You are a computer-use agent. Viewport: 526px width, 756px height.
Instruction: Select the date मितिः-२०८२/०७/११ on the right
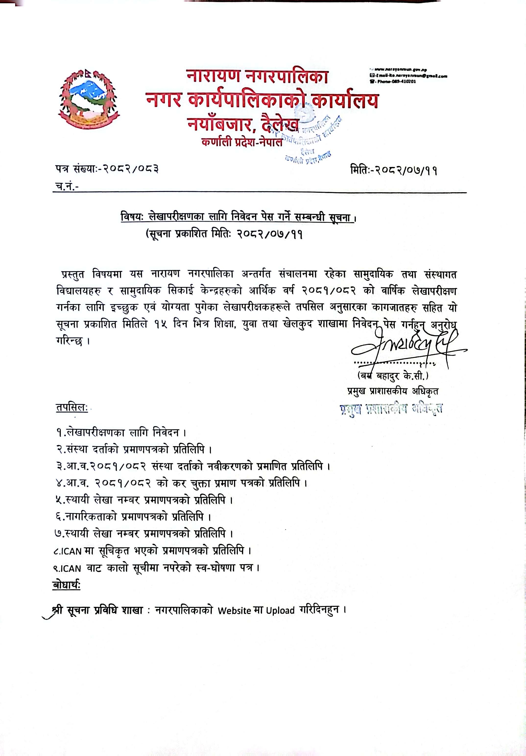pos(394,170)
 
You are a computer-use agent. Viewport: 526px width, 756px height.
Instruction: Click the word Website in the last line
pos(234,611)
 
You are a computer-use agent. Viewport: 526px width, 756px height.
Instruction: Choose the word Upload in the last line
pos(280,611)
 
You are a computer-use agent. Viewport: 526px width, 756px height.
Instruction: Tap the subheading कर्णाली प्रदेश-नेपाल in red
pos(242,143)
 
